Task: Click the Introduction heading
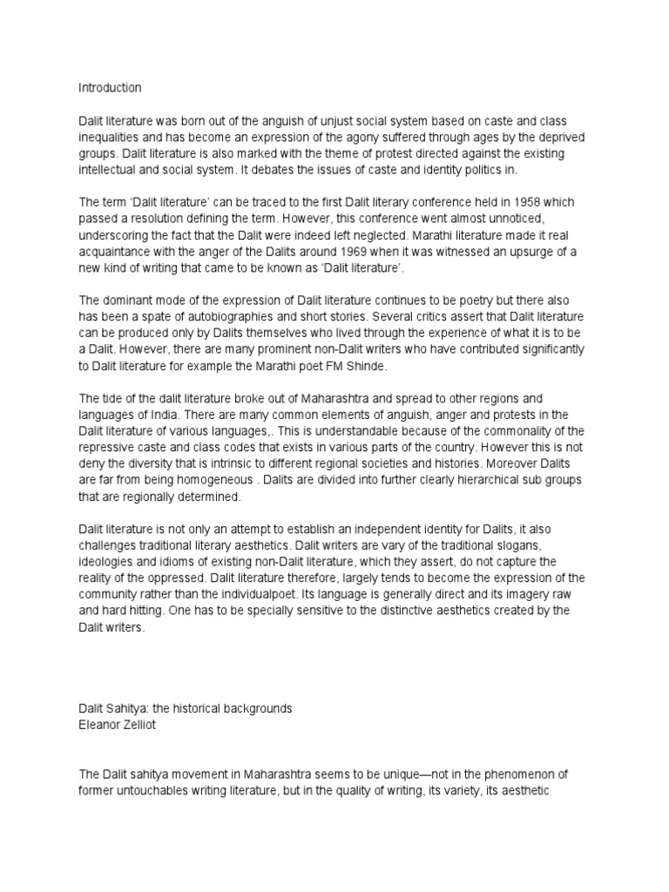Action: pyautogui.click(x=110, y=88)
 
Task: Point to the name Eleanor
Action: pyautogui.click(x=99, y=725)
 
